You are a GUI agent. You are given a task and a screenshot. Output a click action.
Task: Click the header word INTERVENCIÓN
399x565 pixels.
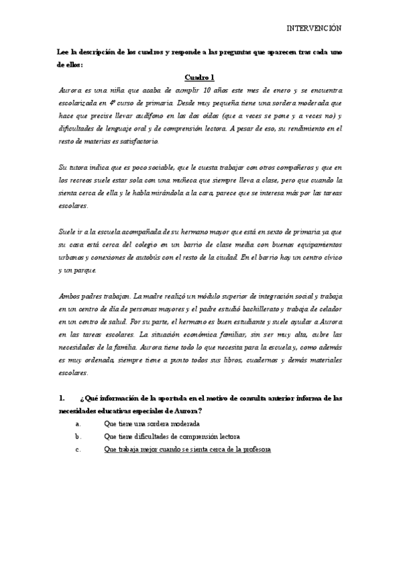point(314,29)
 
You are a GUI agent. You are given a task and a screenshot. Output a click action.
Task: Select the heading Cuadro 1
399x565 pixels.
point(199,77)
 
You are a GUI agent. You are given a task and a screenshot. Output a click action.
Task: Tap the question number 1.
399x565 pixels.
point(62,398)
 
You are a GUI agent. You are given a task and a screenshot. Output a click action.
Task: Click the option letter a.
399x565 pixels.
point(79,424)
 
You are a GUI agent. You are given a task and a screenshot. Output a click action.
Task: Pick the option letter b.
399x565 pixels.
point(79,436)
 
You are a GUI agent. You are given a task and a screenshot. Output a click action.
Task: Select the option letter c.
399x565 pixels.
point(79,450)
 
